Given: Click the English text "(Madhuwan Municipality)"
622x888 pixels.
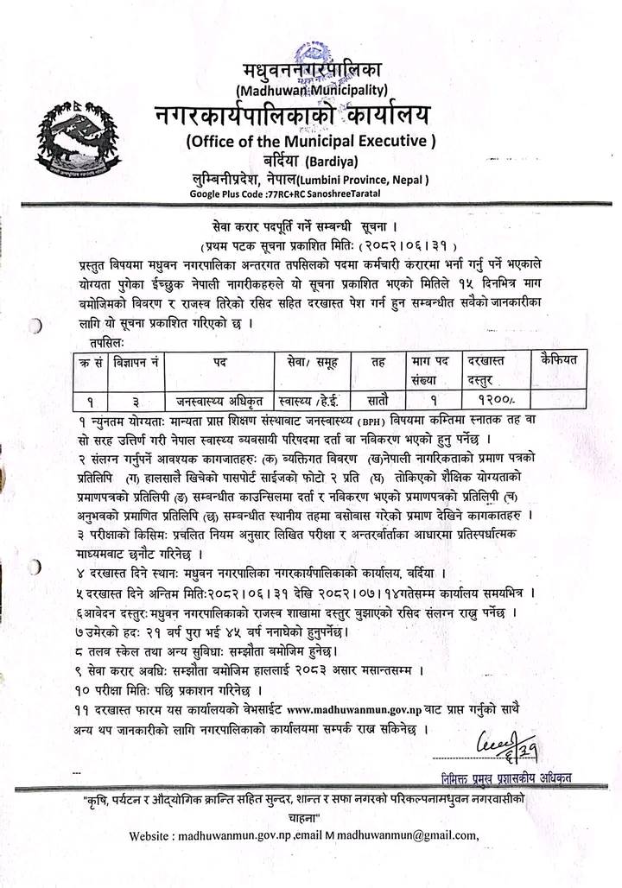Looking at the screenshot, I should tap(310, 89).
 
